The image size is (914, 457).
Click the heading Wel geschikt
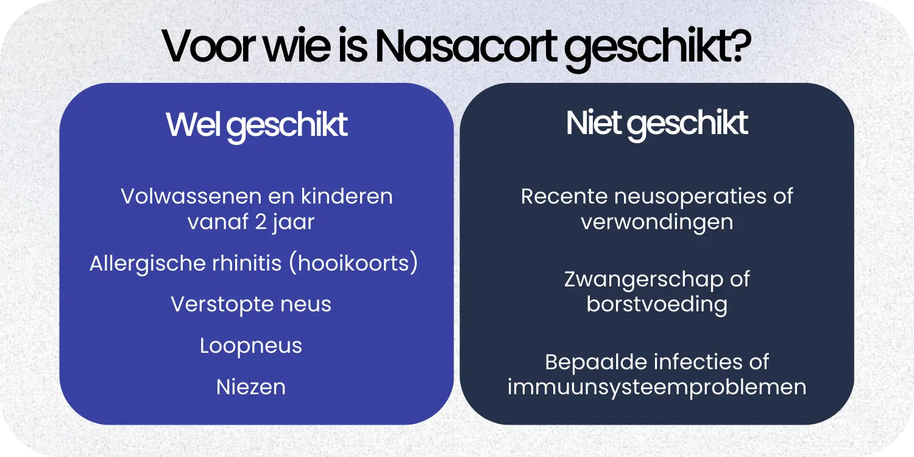click(257, 124)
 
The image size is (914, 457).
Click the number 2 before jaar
click(261, 222)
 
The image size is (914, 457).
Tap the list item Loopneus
click(251, 346)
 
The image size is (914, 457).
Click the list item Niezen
click(251, 387)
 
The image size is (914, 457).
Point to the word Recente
click(564, 197)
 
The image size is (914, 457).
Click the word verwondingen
click(657, 222)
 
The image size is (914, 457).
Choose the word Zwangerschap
click(640, 280)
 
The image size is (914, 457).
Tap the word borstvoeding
click(657, 304)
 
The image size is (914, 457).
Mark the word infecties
click(697, 362)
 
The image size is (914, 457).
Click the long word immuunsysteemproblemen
click(657, 387)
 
